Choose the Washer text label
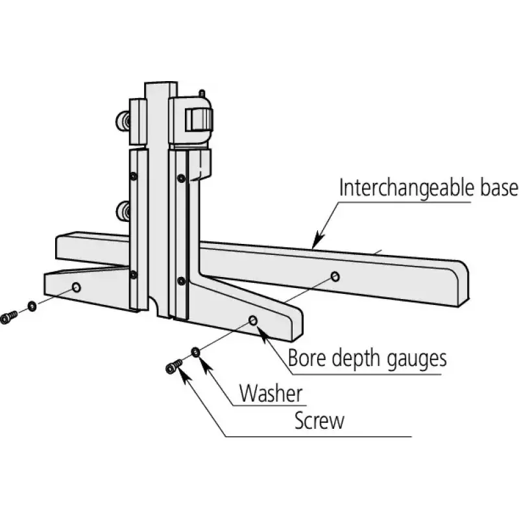click(x=271, y=393)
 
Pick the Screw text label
click(x=319, y=421)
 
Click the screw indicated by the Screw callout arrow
click(x=172, y=368)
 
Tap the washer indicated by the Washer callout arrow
click(x=195, y=352)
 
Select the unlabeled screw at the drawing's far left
click(x=8, y=317)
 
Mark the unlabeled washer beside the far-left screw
click(x=32, y=306)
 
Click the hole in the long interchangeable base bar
click(x=335, y=277)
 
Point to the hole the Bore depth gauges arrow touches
click(x=253, y=321)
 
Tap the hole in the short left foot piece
click(x=77, y=287)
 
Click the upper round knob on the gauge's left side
click(x=122, y=121)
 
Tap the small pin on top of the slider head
click(x=203, y=93)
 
